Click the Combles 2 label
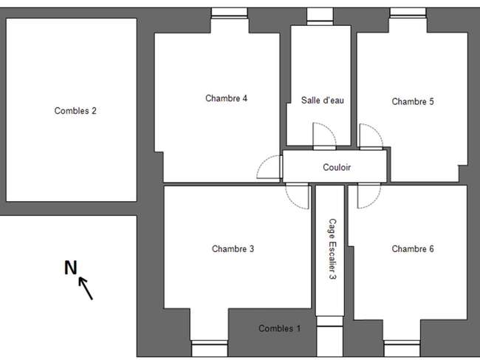point(75,111)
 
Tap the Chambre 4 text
point(226,98)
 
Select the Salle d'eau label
point(323,101)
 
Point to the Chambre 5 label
point(413,101)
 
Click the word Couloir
point(337,167)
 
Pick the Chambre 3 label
point(233,249)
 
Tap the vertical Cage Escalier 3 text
point(332,249)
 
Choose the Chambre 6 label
point(413,249)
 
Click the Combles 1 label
point(279,328)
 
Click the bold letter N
point(70,268)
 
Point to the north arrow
point(86,288)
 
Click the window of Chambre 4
point(229,13)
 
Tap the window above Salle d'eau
point(320,16)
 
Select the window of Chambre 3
point(210,348)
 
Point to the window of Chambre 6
point(402,348)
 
